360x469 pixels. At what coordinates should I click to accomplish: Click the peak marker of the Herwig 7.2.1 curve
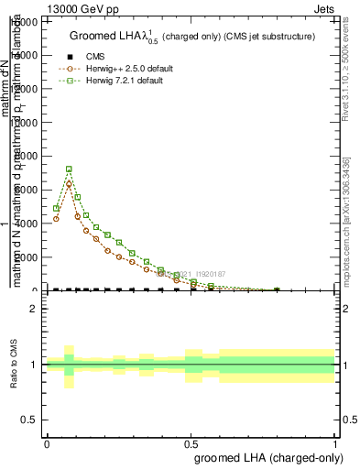[x=69, y=169]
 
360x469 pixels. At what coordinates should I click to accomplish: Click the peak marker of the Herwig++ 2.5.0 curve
[x=69, y=184]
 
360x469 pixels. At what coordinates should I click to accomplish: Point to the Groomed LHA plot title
[x=192, y=37]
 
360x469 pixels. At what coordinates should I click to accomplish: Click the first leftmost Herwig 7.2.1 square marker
[x=57, y=209]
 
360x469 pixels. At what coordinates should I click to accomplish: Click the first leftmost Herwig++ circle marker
[x=57, y=219]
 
